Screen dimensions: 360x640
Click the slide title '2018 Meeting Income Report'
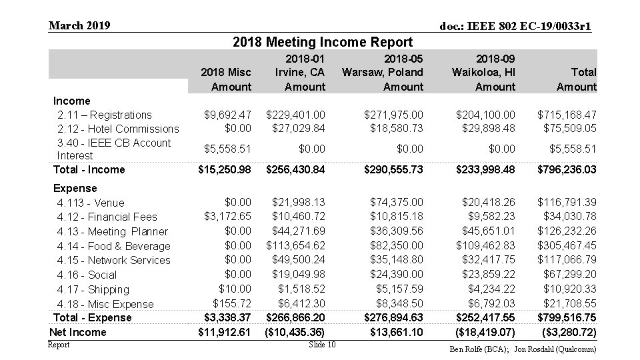coord(323,43)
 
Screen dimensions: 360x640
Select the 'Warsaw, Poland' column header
coord(383,72)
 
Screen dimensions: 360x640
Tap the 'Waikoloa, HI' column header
coord(483,72)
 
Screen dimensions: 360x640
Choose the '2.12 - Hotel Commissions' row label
coord(119,129)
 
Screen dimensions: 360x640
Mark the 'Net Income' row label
coord(78,332)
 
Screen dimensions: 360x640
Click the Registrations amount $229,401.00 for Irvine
coord(295,115)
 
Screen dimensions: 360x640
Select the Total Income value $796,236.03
coord(567,169)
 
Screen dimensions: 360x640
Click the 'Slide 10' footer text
coord(323,344)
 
